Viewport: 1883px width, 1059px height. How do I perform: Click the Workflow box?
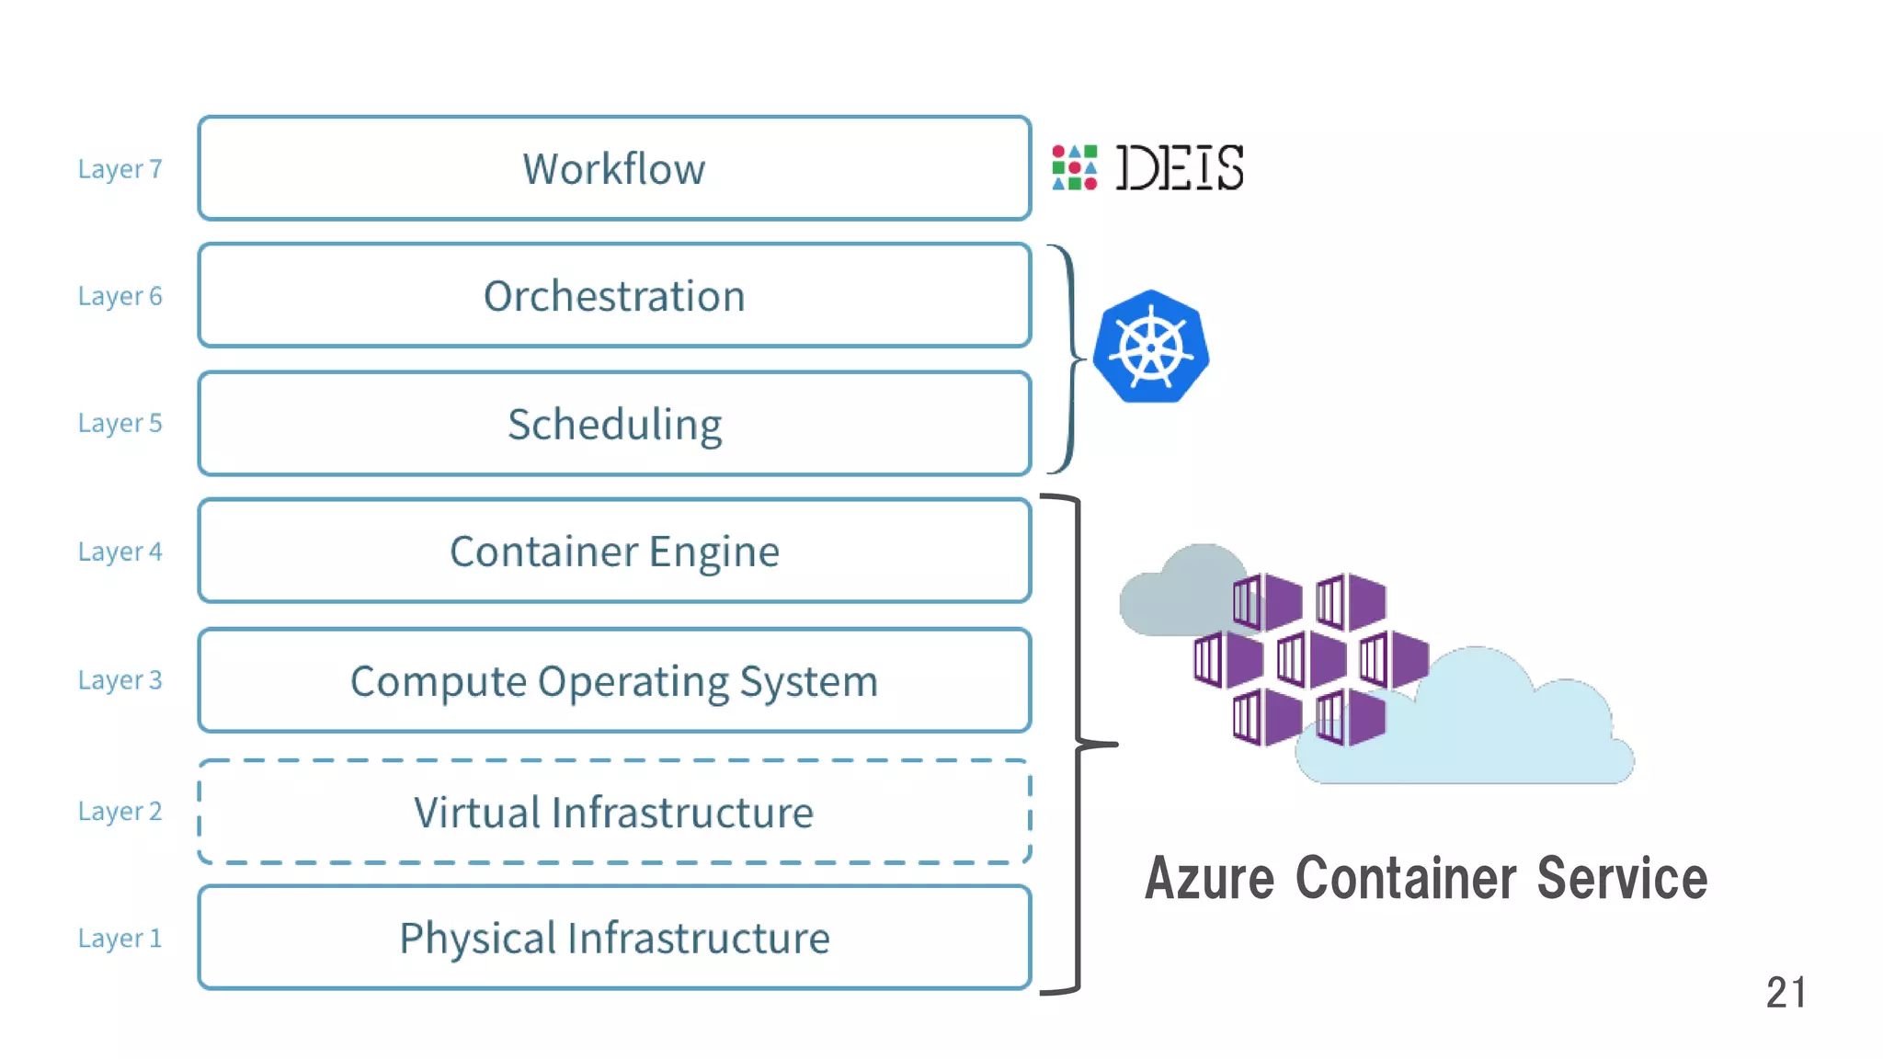(614, 168)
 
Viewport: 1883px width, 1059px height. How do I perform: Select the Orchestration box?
(614, 296)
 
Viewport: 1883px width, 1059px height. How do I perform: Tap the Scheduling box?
(614, 424)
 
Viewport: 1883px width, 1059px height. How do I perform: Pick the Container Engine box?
(614, 552)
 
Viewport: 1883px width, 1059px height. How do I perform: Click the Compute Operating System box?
(614, 681)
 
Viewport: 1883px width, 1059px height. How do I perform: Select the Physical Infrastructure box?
(614, 938)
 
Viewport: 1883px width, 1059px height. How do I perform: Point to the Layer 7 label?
(120, 169)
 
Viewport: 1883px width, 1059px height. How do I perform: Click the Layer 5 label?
(120, 423)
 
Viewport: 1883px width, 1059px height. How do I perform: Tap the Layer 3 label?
(120, 680)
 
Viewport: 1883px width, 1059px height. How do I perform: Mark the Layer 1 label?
(120, 939)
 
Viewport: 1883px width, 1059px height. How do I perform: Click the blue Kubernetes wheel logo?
(1151, 347)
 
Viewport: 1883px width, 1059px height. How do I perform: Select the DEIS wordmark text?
(1180, 167)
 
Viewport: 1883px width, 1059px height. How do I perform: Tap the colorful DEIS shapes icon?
(1074, 167)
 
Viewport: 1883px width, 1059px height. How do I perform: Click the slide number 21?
(1786, 993)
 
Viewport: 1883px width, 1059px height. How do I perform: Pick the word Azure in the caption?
(1209, 879)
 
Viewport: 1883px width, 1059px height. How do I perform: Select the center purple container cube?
(1311, 659)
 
